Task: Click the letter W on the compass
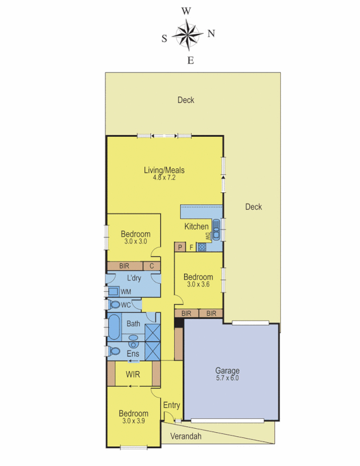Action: (186, 10)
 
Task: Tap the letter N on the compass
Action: (211, 33)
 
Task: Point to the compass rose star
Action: (186, 34)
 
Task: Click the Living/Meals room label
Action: (164, 170)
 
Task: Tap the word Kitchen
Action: (196, 227)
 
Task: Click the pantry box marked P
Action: (180, 248)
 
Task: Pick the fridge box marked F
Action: (191, 248)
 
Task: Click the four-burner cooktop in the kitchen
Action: (202, 248)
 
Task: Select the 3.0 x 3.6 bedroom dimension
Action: (198, 285)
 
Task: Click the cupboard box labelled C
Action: (152, 266)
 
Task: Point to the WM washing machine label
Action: (125, 291)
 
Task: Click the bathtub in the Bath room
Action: (114, 327)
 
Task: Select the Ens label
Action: (133, 354)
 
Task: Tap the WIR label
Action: (133, 373)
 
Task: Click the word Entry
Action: (171, 405)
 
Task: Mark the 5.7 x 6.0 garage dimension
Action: (227, 378)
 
